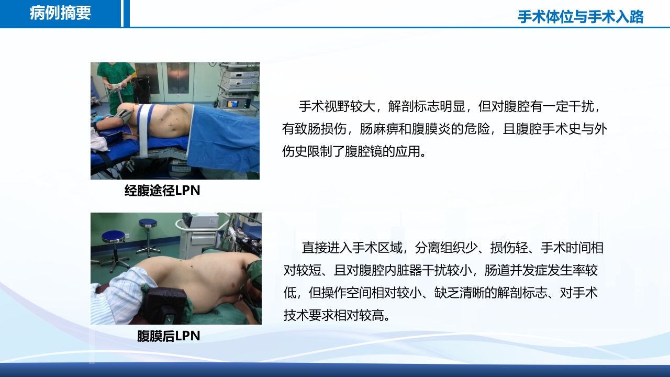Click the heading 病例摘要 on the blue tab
(60, 13)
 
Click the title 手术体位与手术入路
(580, 17)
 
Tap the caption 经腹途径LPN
(162, 191)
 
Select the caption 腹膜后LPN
(169, 336)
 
